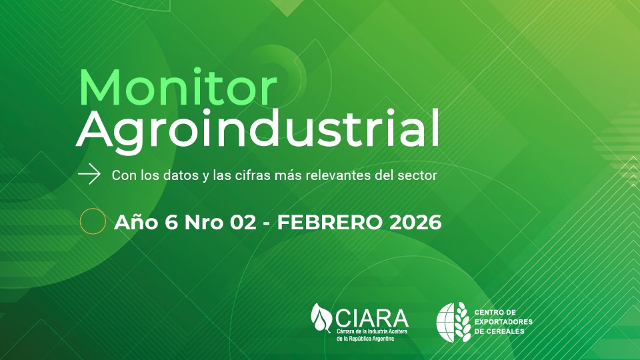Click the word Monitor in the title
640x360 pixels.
[x=178, y=87]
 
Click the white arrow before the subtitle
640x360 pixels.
[x=89, y=175]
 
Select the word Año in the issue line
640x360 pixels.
[x=136, y=222]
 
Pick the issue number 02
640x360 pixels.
[x=243, y=223]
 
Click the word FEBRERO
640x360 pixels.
[x=330, y=223]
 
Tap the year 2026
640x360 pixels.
[x=415, y=223]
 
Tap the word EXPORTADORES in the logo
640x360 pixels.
[x=503, y=321]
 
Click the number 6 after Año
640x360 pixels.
[x=171, y=223]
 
